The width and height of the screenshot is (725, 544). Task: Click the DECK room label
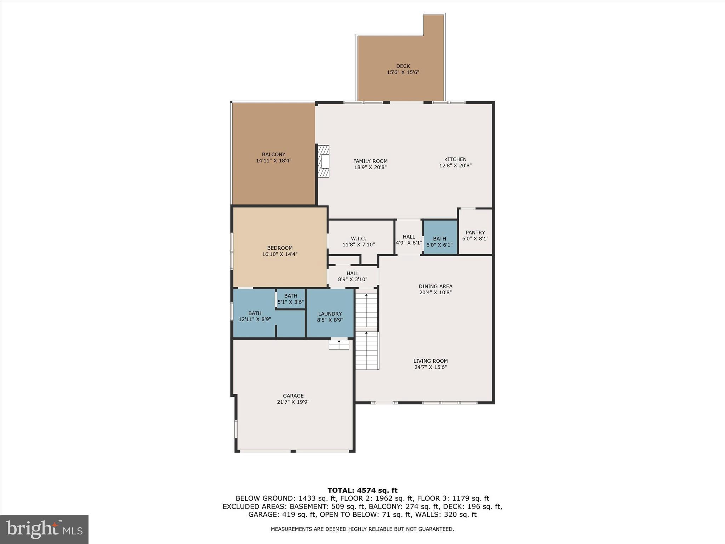403,69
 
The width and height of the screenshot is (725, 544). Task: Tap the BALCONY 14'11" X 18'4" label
274,158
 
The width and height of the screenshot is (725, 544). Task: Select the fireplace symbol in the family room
324,161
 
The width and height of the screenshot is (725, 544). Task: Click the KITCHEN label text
455,159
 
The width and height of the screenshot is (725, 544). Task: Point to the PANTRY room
475,236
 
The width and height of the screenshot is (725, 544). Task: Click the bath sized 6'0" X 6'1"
439,242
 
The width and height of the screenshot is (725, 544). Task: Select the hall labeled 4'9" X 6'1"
409,240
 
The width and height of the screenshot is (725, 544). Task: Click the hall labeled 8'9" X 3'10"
353,276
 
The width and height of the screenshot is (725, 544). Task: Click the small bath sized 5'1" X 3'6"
290,299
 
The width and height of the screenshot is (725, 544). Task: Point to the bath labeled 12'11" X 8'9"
255,316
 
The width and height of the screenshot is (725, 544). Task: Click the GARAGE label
293,396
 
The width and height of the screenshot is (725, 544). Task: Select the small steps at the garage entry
339,344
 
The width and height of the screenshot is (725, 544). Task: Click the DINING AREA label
435,287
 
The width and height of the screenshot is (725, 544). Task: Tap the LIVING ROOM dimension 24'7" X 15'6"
430,367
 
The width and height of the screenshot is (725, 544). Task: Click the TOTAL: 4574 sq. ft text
362,491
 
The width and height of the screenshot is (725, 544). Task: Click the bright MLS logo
44,529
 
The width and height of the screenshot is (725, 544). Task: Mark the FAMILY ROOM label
370,161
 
